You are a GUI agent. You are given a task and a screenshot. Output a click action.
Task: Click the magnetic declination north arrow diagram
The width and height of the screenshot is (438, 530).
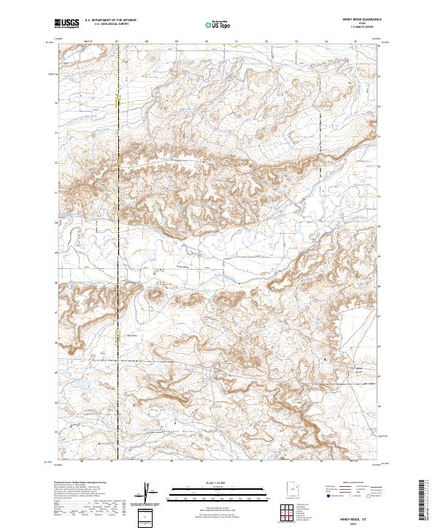(x=147, y=493)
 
